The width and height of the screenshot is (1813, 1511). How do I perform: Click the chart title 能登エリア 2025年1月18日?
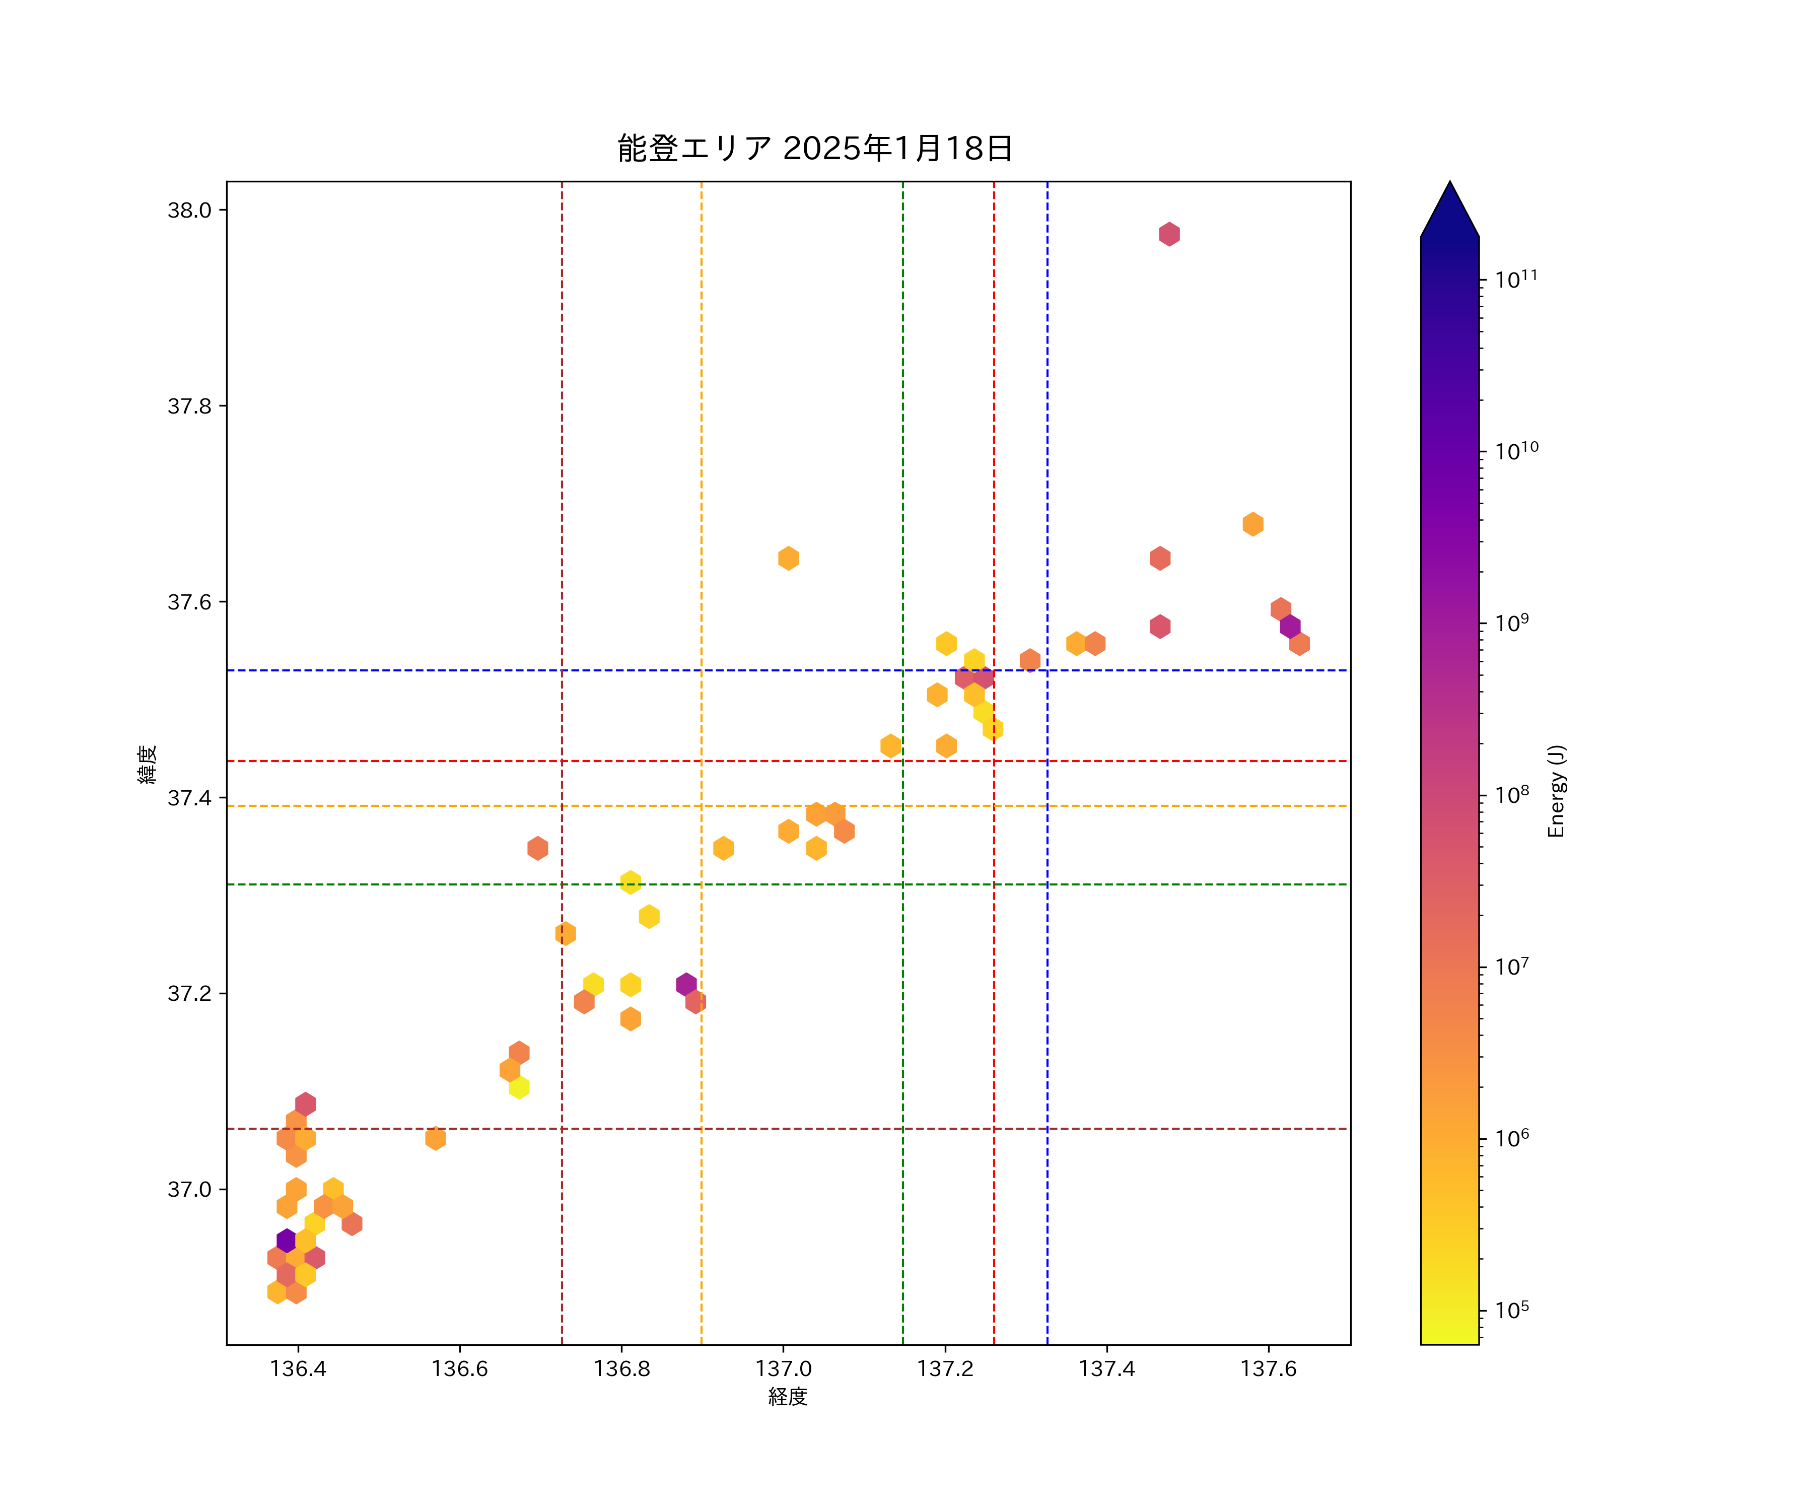814,149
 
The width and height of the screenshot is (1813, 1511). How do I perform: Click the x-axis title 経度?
787,1396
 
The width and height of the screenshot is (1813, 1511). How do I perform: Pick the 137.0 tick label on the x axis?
783,1368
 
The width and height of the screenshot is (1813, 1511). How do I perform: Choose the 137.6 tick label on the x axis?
1268,1368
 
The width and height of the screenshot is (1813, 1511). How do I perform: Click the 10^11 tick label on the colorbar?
1516,279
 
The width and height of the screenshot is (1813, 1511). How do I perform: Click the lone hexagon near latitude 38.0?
1169,234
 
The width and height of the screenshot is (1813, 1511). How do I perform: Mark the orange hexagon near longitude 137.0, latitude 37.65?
788,559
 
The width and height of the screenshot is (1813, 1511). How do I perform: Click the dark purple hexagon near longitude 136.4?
287,1241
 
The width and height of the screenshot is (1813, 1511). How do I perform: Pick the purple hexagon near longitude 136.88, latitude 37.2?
686,984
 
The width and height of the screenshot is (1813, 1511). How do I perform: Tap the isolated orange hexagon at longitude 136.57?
435,1138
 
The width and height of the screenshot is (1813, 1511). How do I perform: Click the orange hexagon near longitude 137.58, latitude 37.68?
1252,524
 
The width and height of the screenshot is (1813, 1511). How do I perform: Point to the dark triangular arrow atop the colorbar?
1449,212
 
